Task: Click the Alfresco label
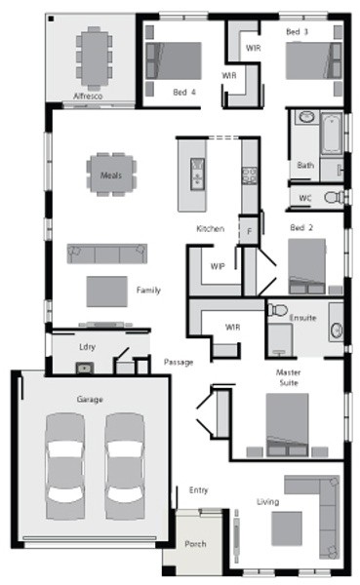tap(88, 97)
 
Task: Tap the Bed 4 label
tap(184, 93)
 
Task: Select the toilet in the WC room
tap(334, 197)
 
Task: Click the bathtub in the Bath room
tap(332, 134)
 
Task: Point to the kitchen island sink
tap(197, 175)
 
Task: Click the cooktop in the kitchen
tap(250, 175)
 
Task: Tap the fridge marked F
tap(249, 231)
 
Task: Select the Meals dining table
tap(111, 175)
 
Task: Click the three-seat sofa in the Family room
tap(106, 253)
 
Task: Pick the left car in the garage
tap(65, 466)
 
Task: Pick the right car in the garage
tap(125, 466)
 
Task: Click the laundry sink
tap(85, 369)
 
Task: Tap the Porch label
tap(195, 544)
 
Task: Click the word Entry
tap(198, 490)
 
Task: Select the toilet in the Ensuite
tap(277, 310)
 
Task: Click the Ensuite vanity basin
tap(337, 330)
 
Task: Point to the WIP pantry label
tap(218, 266)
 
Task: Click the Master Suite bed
tap(287, 424)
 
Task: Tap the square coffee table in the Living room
tap(287, 528)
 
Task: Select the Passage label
tap(179, 362)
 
